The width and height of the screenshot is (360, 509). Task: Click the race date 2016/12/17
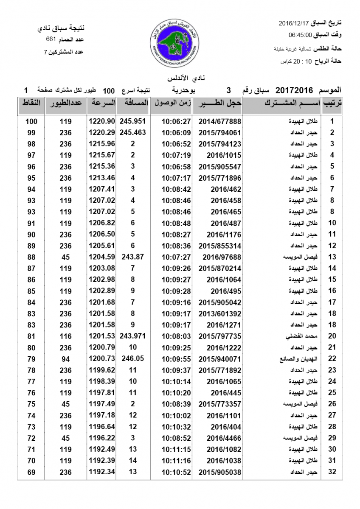295,22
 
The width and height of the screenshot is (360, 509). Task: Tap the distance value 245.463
133,132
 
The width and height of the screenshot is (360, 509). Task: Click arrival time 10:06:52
176,144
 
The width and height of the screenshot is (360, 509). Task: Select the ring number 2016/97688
222,257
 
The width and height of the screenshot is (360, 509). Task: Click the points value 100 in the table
31,121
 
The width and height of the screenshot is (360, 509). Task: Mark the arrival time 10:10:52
176,472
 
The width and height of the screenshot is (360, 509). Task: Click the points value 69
31,472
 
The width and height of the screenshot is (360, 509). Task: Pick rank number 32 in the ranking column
332,472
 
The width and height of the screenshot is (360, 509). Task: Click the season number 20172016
294,90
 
